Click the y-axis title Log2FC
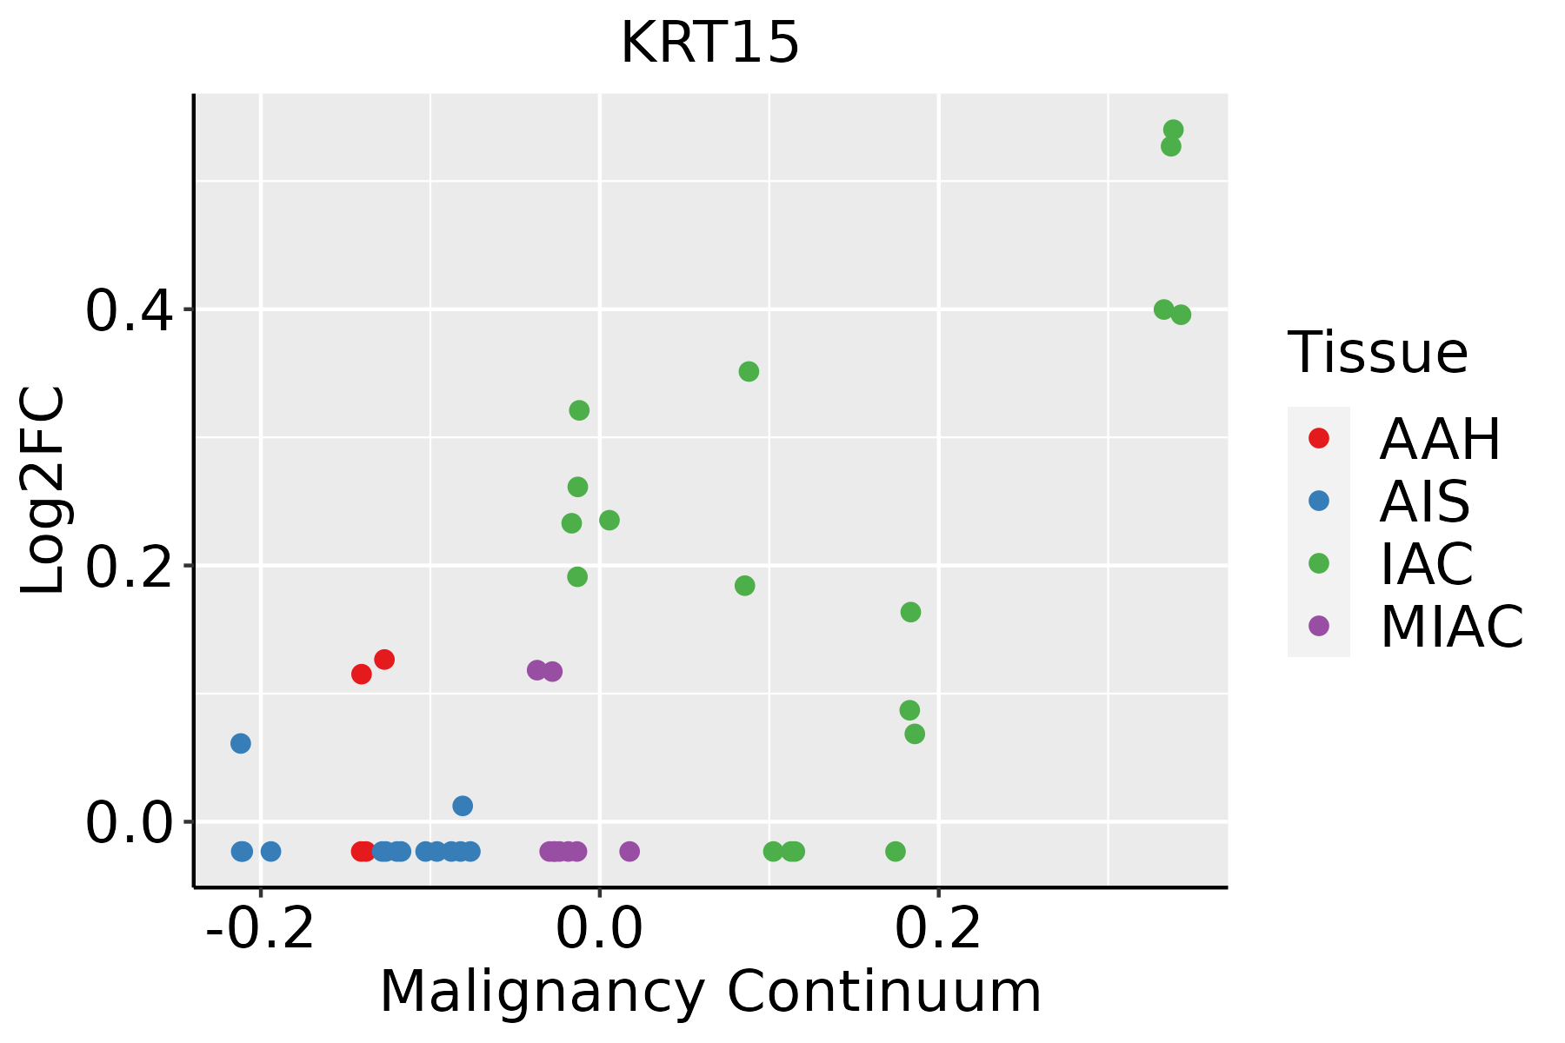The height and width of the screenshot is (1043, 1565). [x=43, y=490]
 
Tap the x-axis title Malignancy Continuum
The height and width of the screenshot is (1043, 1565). [x=710, y=992]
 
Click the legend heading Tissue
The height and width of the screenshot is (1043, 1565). [x=1378, y=353]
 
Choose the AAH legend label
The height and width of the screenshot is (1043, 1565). [x=1440, y=440]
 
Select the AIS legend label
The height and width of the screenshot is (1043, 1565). [x=1425, y=502]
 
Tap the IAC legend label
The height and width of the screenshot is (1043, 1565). [x=1427, y=564]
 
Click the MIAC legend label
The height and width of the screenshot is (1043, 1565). [x=1451, y=627]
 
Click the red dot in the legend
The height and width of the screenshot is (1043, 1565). [x=1319, y=438]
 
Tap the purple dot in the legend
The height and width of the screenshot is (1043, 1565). [x=1319, y=626]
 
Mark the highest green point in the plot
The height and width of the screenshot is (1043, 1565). [x=1173, y=130]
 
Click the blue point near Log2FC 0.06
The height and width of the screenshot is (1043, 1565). [x=241, y=743]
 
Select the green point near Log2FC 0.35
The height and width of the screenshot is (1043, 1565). [x=749, y=372]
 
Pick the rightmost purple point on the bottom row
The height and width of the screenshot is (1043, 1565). [x=629, y=851]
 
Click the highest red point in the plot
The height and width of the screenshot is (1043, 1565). [x=384, y=660]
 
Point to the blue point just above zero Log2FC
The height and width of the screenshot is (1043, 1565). [x=463, y=806]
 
